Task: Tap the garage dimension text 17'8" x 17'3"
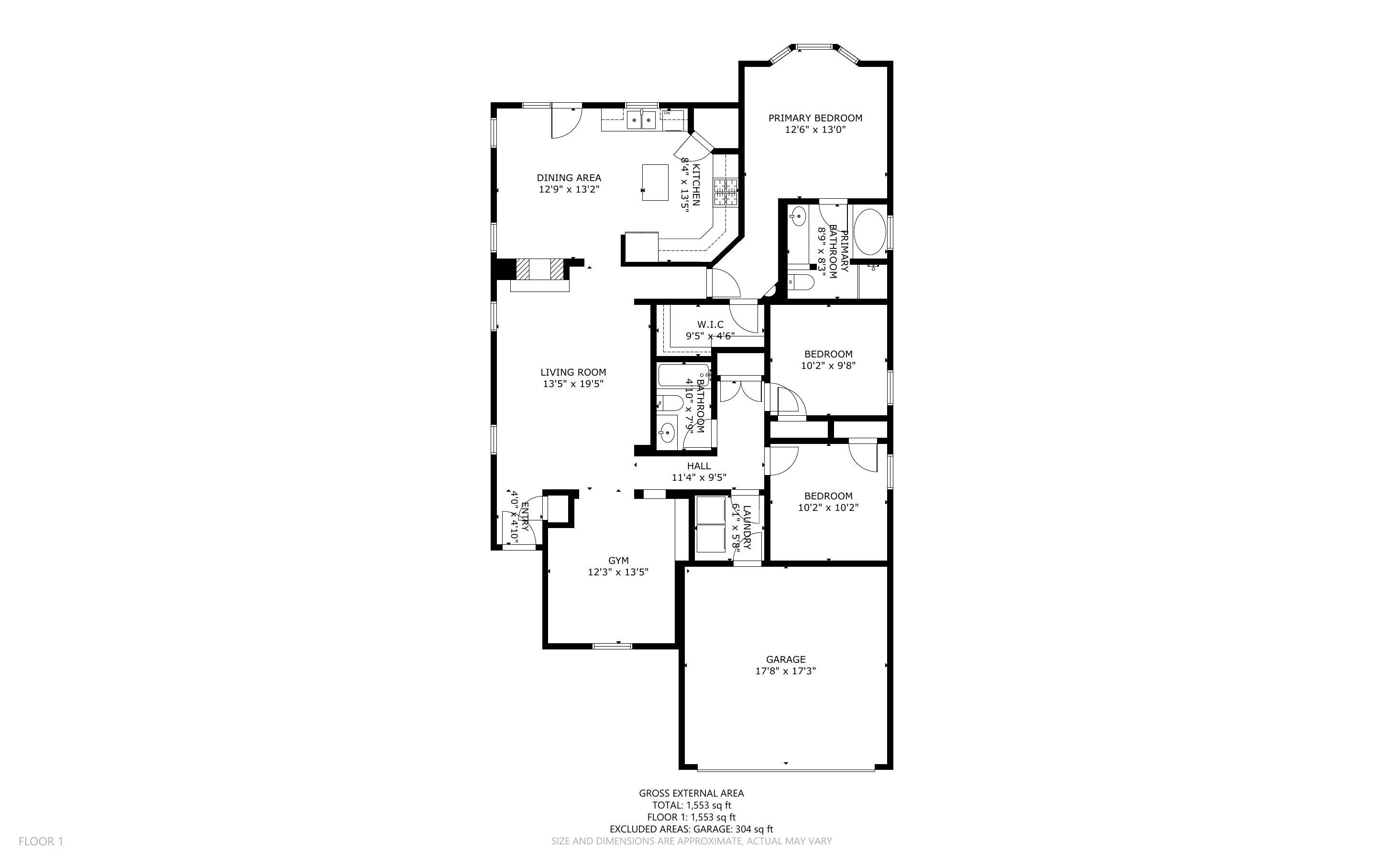[785, 671]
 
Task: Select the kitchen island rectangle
[655, 182]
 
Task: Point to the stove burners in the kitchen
[725, 192]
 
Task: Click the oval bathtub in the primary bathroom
[869, 232]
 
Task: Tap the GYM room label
[618, 561]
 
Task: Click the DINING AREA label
[569, 178]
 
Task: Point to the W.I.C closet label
[710, 324]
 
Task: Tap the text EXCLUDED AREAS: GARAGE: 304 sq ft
[691, 829]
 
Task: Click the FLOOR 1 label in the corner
[41, 841]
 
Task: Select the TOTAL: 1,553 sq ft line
[691, 805]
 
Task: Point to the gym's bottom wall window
[612, 646]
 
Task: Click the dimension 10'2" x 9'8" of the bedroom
[828, 366]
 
